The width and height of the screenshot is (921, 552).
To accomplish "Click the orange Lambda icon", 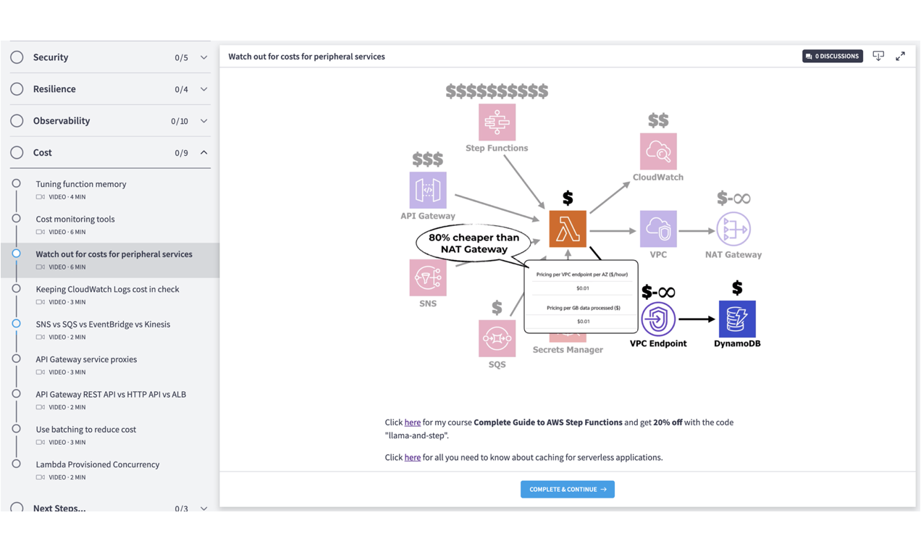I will pyautogui.click(x=568, y=229).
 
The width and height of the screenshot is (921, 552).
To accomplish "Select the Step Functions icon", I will pyautogui.click(x=497, y=122).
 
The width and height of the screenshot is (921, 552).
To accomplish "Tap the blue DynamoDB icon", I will pyautogui.click(x=737, y=319).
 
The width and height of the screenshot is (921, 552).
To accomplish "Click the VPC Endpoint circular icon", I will pyautogui.click(x=658, y=319).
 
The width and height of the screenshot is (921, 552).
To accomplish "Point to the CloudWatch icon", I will pyautogui.click(x=658, y=151).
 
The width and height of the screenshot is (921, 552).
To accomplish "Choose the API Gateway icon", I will pyautogui.click(x=428, y=191).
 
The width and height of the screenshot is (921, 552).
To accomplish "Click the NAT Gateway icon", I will pyautogui.click(x=733, y=230).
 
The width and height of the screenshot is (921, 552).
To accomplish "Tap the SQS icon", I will pyautogui.click(x=497, y=338).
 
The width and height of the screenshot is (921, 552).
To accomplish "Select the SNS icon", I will pyautogui.click(x=428, y=277).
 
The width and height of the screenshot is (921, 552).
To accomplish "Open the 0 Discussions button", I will pyautogui.click(x=832, y=57).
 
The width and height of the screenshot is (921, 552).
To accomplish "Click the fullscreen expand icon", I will pyautogui.click(x=900, y=57).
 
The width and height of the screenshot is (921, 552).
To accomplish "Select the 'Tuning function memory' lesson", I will pyautogui.click(x=81, y=184).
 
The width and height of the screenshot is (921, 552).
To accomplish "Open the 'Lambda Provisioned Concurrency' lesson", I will pyautogui.click(x=98, y=464).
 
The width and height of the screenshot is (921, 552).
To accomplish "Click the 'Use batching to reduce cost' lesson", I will pyautogui.click(x=86, y=430).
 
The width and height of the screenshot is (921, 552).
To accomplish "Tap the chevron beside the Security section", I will pyautogui.click(x=203, y=57).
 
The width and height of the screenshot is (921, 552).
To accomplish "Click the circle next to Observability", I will pyautogui.click(x=17, y=121).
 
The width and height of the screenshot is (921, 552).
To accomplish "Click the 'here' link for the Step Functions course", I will pyautogui.click(x=413, y=422).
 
